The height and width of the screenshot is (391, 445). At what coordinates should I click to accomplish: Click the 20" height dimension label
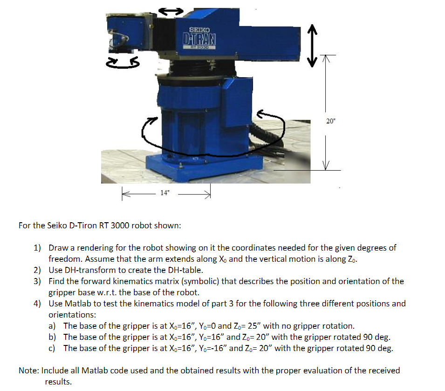331,121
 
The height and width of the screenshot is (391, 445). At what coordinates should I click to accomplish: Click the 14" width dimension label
164,193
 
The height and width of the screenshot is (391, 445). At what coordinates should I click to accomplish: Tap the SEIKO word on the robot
199,30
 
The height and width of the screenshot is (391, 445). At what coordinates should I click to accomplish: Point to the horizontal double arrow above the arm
171,11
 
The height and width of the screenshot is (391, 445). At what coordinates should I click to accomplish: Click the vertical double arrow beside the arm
312,46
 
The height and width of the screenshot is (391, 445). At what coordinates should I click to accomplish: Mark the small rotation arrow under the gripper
123,63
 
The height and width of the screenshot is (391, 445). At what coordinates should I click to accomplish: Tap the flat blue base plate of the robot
205,167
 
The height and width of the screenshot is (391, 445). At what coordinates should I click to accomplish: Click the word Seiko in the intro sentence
57,225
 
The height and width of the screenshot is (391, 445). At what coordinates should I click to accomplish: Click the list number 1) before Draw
37,248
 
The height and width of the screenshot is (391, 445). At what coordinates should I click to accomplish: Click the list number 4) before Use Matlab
37,304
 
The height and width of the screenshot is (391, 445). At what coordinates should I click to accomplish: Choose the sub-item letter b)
52,337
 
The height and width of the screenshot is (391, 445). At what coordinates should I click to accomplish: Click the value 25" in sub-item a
254,326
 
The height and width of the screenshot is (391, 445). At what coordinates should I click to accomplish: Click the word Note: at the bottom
29,371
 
